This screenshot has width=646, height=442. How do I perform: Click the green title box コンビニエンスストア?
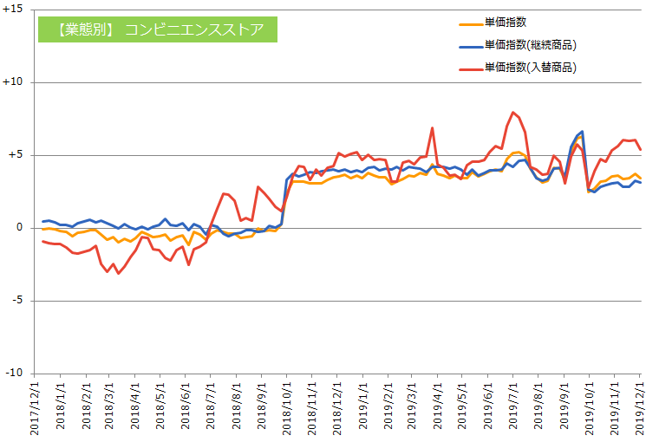click(x=158, y=29)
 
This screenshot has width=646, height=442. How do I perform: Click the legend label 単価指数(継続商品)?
click(x=530, y=45)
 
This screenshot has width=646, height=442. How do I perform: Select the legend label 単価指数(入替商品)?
click(x=530, y=67)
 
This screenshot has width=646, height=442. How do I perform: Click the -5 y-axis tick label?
click(x=17, y=301)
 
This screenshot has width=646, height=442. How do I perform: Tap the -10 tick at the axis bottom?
click(x=15, y=374)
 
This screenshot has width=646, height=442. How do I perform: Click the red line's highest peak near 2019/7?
click(x=513, y=112)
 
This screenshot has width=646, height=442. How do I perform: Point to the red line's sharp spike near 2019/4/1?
click(x=432, y=128)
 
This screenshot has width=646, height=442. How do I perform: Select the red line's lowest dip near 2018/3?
click(x=118, y=273)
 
